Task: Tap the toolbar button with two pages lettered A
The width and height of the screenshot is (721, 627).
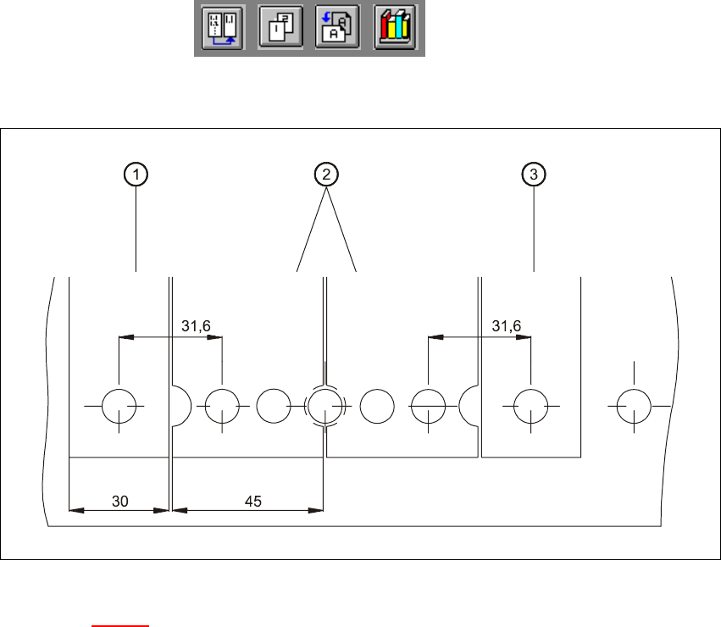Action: pos(336,29)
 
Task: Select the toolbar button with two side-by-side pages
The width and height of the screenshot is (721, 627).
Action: pos(221,29)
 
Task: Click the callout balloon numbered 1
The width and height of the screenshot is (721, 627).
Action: pos(135,175)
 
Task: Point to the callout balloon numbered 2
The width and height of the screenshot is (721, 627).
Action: pos(325,175)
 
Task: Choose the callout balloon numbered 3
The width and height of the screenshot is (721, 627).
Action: pos(533,175)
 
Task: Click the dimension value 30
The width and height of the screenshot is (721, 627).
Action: pos(119,501)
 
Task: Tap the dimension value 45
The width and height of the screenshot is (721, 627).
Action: pos(252,501)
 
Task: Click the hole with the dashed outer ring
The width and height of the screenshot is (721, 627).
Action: pos(324,406)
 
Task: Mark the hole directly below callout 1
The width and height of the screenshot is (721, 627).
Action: pos(119,407)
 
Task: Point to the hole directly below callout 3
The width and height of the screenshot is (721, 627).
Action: pos(531,407)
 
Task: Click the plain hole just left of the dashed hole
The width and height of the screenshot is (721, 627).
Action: pos(273,406)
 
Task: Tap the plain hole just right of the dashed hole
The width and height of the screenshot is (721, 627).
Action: pos(376,406)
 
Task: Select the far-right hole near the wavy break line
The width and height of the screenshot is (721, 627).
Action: pos(634,407)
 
